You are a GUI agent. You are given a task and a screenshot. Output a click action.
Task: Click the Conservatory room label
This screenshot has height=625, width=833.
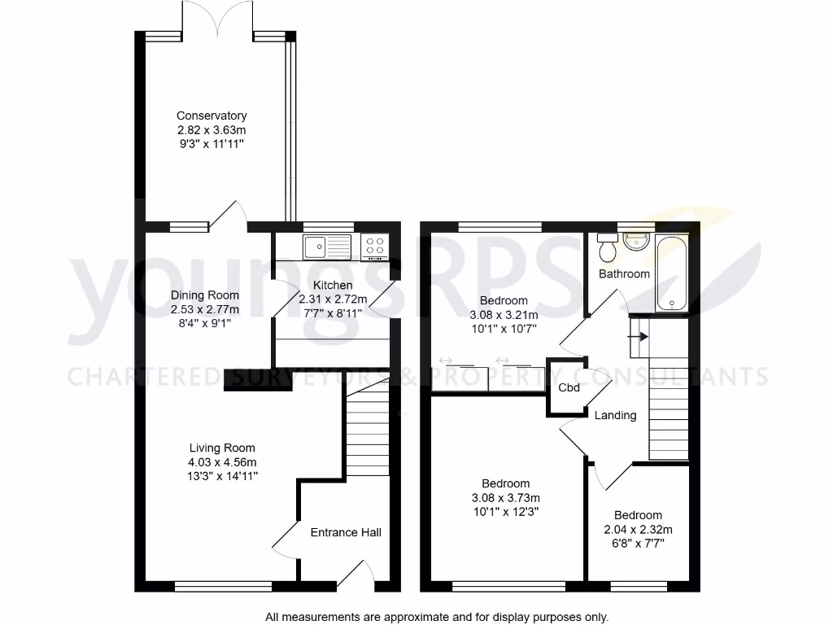(x=212, y=116)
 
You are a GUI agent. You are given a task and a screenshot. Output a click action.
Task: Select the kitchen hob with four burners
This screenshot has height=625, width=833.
(x=375, y=246)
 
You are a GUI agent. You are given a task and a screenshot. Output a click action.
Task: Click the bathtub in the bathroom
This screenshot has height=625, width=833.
(x=671, y=273)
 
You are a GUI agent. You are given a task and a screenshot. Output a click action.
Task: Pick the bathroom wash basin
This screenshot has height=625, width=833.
(x=635, y=241)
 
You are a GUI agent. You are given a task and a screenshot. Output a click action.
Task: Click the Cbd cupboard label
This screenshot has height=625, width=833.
(x=569, y=387)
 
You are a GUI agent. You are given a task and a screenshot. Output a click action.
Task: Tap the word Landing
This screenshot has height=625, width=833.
(x=615, y=415)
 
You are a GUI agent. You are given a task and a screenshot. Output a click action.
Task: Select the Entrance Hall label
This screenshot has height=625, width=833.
(x=346, y=532)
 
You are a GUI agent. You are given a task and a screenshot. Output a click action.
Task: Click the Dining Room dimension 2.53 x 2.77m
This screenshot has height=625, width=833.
(x=205, y=309)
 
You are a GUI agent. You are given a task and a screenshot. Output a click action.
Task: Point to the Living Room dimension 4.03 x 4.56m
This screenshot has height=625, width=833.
(x=222, y=462)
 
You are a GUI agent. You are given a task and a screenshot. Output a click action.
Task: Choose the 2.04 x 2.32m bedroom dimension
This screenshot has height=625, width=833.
(x=638, y=529)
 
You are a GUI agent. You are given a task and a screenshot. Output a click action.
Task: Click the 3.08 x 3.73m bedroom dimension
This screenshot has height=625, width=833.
(x=505, y=498)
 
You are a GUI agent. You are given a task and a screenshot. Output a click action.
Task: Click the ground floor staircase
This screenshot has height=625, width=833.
(x=368, y=431)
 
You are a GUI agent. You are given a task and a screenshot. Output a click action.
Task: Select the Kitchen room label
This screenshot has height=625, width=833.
(x=333, y=285)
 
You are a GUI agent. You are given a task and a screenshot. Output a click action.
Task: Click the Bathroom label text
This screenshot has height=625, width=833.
(x=624, y=273)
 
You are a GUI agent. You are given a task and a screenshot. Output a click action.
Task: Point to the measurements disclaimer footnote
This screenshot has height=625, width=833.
(x=436, y=617)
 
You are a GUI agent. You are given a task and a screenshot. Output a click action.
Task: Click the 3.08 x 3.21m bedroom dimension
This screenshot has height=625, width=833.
(x=504, y=315)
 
